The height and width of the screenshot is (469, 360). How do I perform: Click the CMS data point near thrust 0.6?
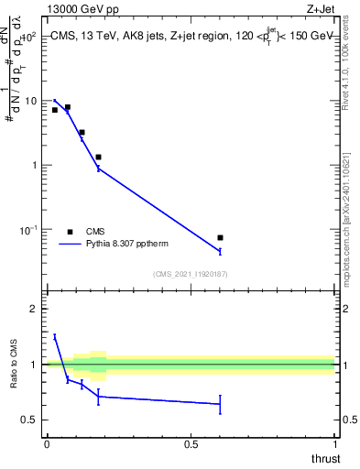pos(220,237)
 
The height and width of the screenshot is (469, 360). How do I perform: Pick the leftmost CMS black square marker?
pos(55,110)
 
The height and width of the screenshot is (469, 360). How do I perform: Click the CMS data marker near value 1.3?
pos(98,158)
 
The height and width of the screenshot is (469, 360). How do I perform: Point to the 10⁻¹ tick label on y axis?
pos(27,229)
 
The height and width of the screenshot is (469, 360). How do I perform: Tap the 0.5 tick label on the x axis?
pos(191,443)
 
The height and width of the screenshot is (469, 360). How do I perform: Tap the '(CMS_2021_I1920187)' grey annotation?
pos(191,273)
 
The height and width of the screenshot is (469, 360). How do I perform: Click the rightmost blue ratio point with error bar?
pos(220,404)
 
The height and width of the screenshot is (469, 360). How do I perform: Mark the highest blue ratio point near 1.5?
pos(55,336)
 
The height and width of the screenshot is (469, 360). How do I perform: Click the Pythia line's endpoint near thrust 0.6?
pos(220,251)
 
